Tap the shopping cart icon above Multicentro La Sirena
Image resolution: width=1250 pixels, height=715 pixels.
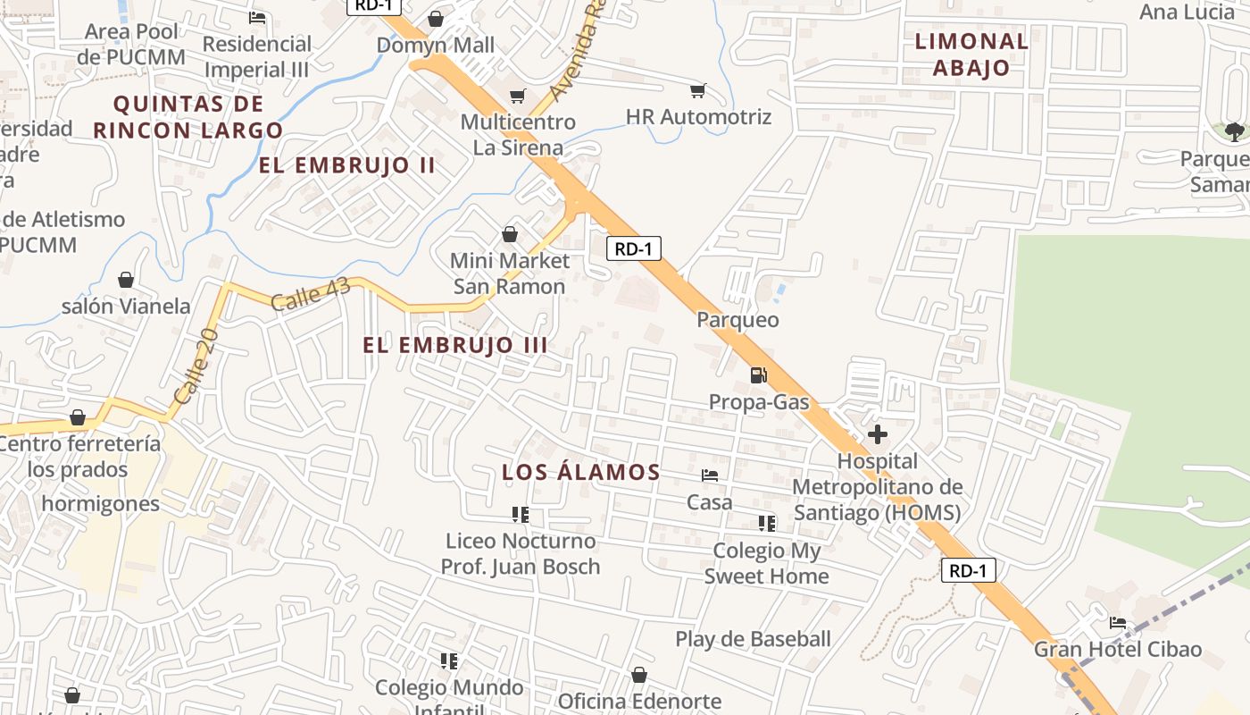pyautogui.click(x=517, y=96)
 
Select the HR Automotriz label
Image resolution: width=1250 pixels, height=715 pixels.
pyautogui.click(x=698, y=117)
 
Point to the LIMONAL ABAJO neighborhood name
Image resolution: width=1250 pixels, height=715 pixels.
pyautogui.click(x=971, y=54)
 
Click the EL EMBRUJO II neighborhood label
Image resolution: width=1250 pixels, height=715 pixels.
pyautogui.click(x=347, y=165)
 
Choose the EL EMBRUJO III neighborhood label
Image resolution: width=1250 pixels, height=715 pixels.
pyautogui.click(x=455, y=345)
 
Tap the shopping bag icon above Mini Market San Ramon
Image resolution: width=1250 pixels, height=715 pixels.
pyautogui.click(x=509, y=234)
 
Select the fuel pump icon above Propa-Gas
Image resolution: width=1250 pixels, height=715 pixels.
pyautogui.click(x=758, y=375)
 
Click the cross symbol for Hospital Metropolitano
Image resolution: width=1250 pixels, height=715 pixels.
pyautogui.click(x=878, y=435)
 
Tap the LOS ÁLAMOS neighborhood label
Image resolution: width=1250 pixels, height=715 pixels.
pyautogui.click(x=581, y=472)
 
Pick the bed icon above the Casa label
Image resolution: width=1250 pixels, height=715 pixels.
pyautogui.click(x=710, y=475)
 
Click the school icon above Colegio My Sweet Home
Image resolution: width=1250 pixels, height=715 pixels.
pyautogui.click(x=766, y=523)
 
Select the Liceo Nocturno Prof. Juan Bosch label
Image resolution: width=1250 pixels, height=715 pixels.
pyautogui.click(x=521, y=553)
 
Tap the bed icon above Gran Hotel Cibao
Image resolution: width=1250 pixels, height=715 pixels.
pyautogui.click(x=1117, y=622)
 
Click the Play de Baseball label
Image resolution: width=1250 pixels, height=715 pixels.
pyautogui.click(x=753, y=639)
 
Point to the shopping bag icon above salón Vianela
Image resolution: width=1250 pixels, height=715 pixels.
pyautogui.click(x=126, y=280)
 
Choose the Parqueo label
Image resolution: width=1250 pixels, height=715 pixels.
pyautogui.click(x=737, y=319)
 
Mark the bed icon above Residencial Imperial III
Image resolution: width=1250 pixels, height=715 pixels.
pyautogui.click(x=257, y=17)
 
